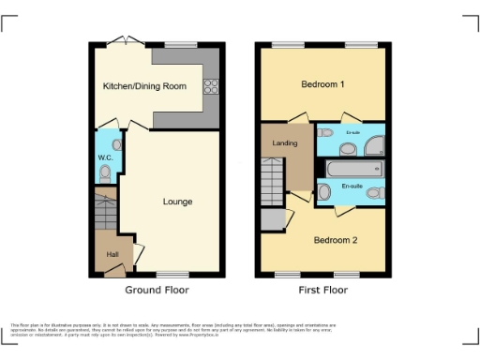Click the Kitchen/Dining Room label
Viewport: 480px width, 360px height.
144,86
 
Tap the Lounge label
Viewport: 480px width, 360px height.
177,202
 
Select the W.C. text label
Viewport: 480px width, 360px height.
105,157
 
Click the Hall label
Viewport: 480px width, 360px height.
112,254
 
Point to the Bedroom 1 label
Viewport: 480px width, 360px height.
322,84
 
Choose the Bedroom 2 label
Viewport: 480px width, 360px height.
336,240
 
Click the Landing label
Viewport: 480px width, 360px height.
285,143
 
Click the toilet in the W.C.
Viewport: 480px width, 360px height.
105,173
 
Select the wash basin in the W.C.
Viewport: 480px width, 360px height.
116,145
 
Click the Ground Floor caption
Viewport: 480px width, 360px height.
157,291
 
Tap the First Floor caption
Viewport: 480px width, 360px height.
322,291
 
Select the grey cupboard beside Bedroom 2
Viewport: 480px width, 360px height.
273,220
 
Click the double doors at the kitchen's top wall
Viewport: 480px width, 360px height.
121,41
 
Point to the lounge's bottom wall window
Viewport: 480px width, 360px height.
170,275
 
